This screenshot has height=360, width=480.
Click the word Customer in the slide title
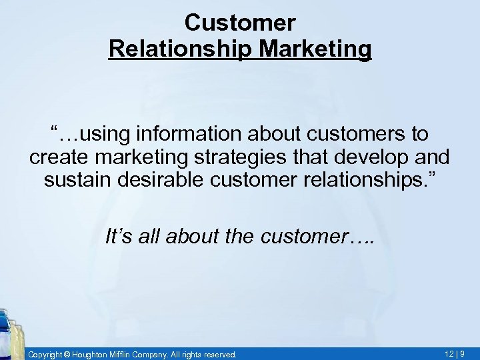click(239, 23)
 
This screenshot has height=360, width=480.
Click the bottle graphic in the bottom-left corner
click(9, 333)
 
